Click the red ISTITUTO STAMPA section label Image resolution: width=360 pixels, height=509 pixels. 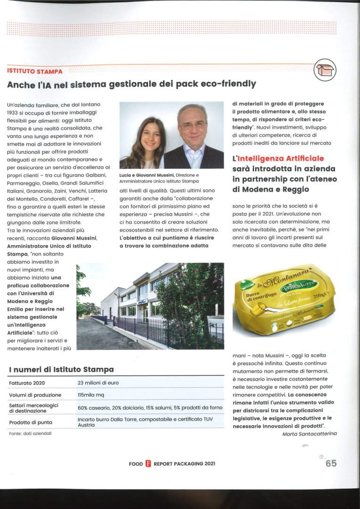point(35,71)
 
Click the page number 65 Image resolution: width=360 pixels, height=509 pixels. point(331,463)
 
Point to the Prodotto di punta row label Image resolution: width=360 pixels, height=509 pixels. point(31,422)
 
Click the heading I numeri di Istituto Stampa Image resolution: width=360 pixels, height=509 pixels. point(61,369)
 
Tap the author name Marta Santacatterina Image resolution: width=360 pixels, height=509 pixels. point(309,434)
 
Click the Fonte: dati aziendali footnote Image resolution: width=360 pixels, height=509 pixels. point(30,433)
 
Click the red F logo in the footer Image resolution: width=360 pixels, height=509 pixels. point(148,464)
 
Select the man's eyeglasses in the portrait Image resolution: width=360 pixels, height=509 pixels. point(192,126)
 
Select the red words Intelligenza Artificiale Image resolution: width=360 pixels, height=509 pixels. point(284,158)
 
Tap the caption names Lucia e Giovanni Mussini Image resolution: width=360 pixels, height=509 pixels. point(146,175)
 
